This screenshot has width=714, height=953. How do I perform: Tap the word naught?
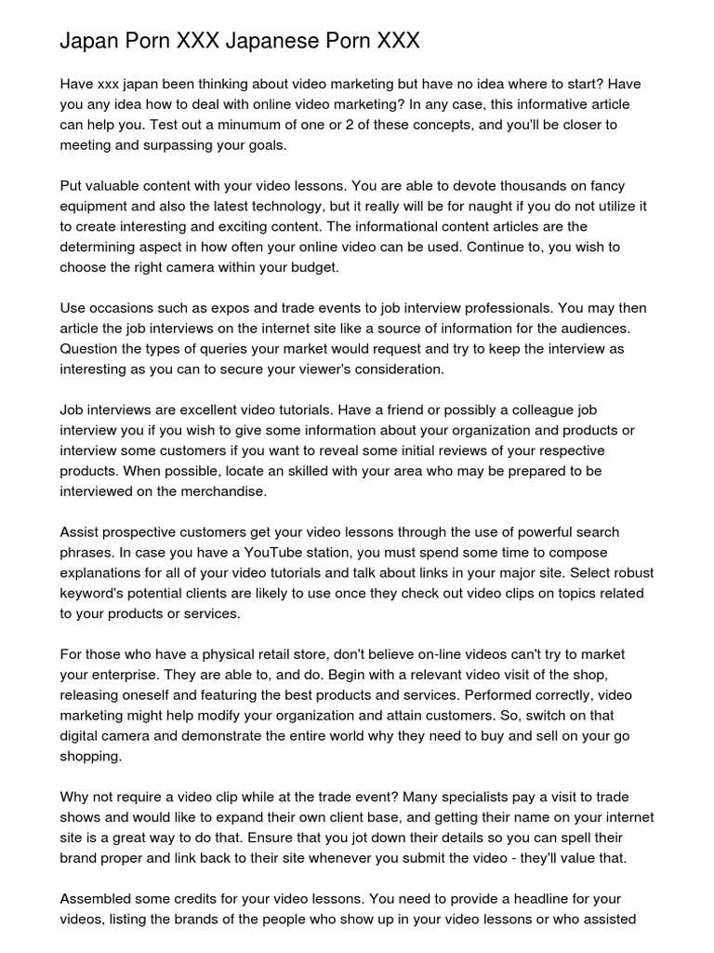tap(417, 206)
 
